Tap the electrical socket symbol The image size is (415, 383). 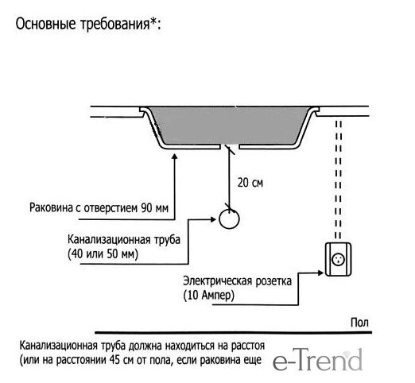tap(338, 260)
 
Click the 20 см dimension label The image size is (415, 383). tap(250, 183)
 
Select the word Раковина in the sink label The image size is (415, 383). tap(51, 207)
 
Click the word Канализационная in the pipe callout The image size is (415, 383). tap(109, 240)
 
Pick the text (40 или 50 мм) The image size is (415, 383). tap(103, 254)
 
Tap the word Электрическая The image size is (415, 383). tap(218, 281)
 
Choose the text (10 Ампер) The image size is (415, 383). tap(208, 296)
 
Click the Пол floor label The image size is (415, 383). tap(359, 323)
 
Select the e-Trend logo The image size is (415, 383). tap(317, 360)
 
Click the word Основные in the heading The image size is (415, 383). tap(46, 24)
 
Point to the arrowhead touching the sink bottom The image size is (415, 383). tap(174, 157)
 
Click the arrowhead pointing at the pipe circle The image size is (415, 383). tap(214, 219)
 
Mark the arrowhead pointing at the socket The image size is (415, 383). tap(320, 273)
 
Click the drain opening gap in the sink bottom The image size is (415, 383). tap(230, 147)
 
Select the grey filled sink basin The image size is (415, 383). tap(229, 126)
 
